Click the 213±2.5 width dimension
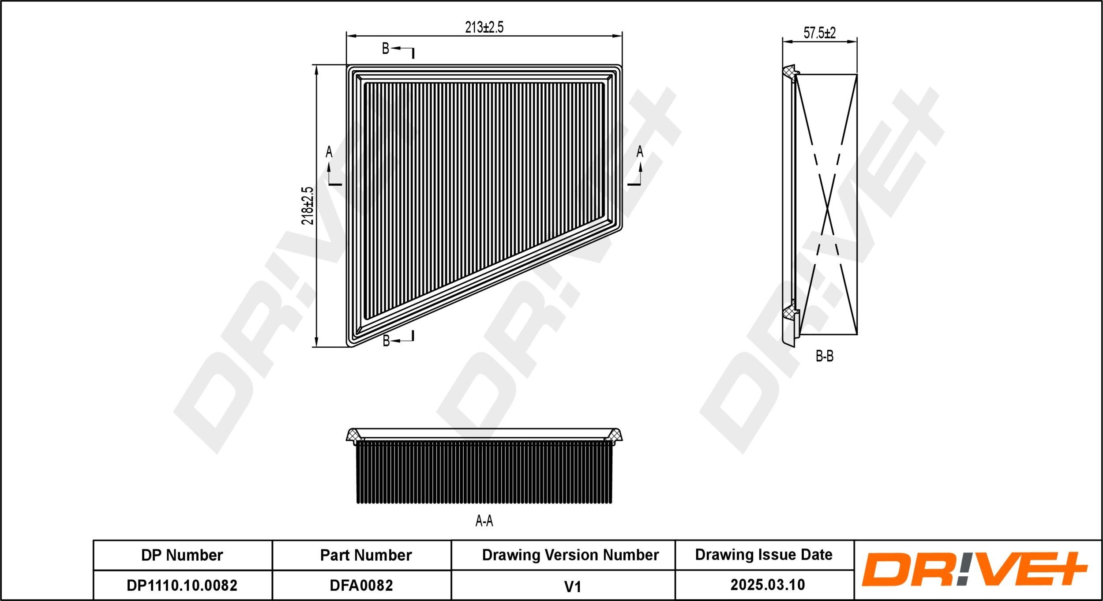click(484, 27)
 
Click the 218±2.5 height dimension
click(308, 206)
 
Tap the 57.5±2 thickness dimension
click(819, 33)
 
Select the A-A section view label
click(484, 521)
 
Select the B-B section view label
click(824, 356)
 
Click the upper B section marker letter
click(385, 49)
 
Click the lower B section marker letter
click(386, 341)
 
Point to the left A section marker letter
click(329, 152)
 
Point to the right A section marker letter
click(640, 152)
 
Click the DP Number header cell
click(182, 555)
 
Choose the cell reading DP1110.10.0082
click(182, 586)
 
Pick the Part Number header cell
click(366, 555)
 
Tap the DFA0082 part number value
click(361, 586)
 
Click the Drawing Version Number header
click(570, 555)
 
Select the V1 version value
click(572, 586)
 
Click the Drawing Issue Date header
click(764, 555)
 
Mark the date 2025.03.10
click(768, 585)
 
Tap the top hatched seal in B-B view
click(788, 71)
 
